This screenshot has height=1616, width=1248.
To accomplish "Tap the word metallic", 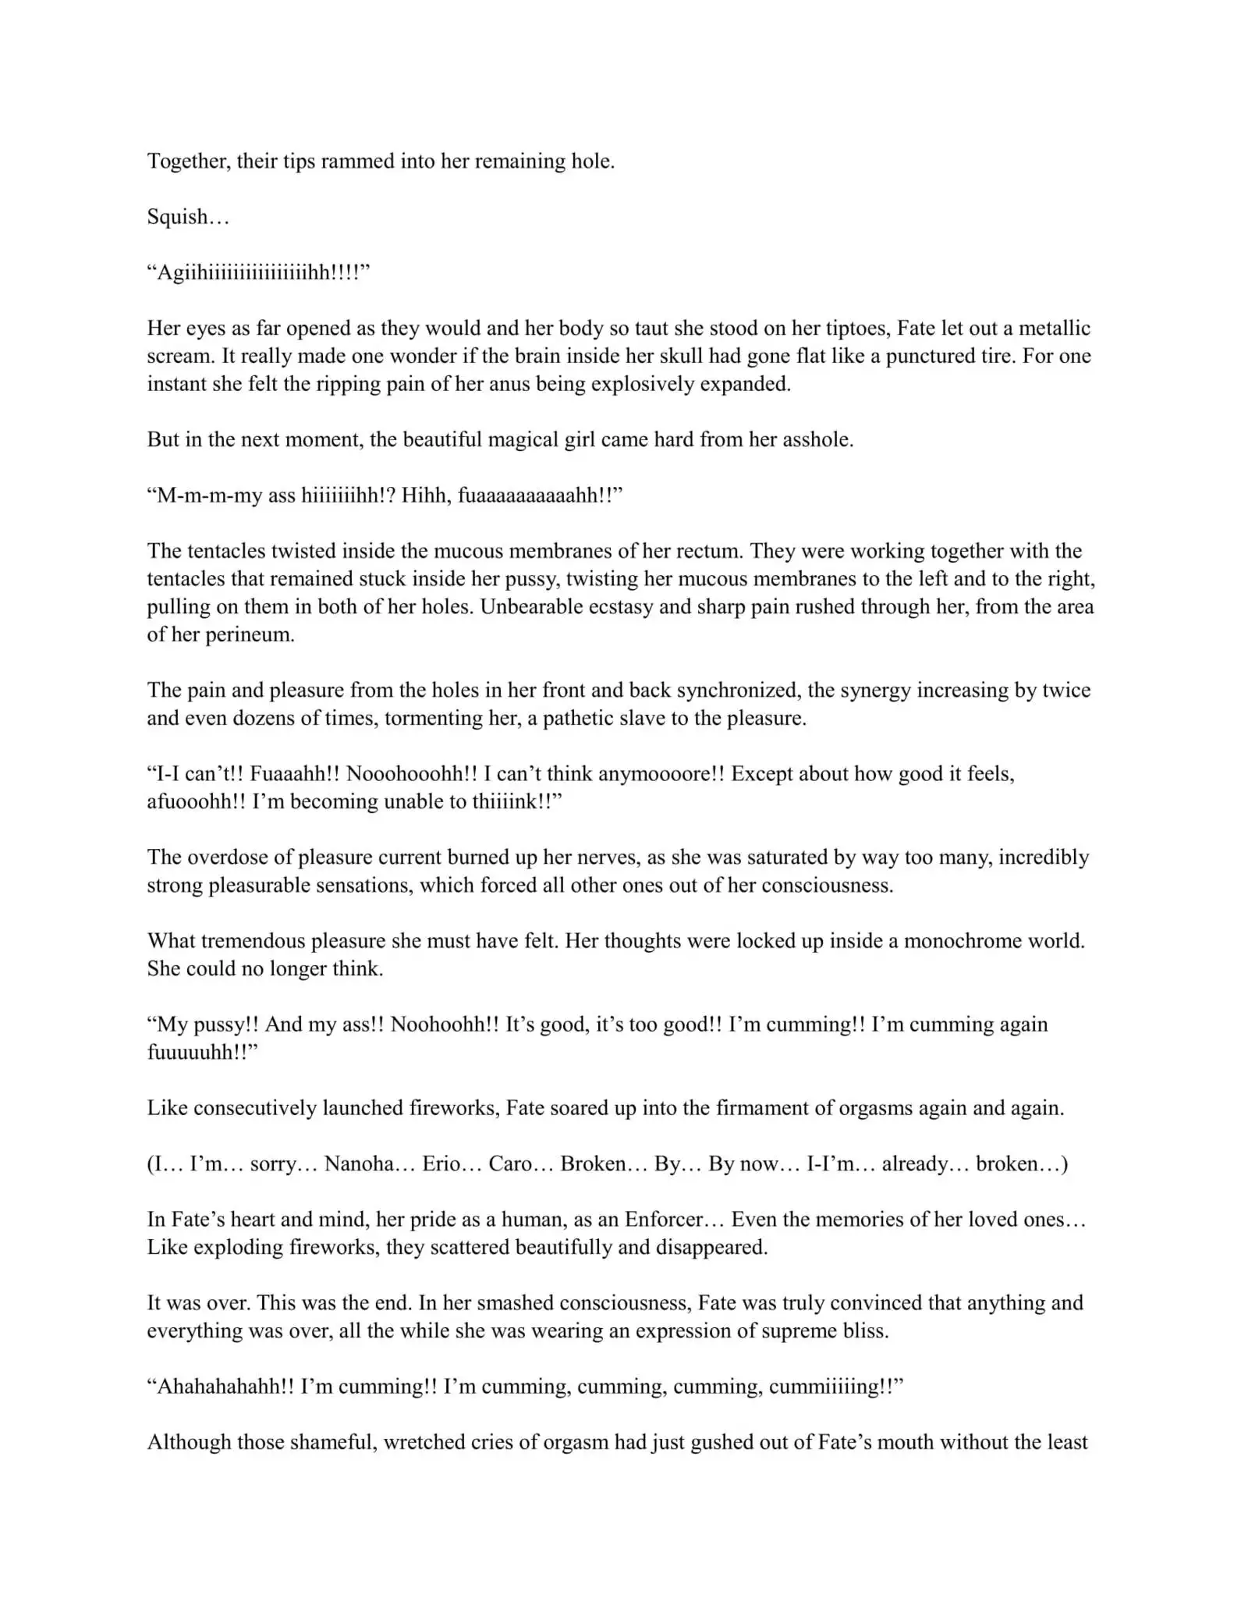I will [x=1055, y=328].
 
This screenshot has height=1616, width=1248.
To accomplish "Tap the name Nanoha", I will [x=360, y=1163].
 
